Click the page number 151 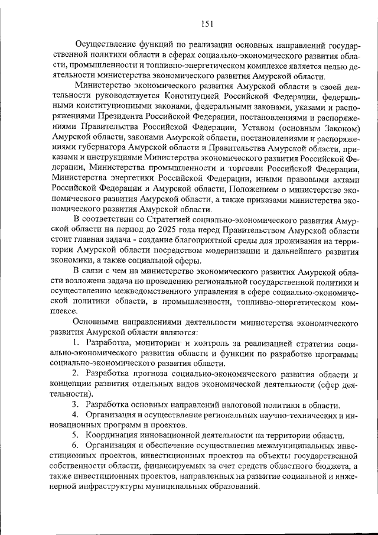pos(206,24)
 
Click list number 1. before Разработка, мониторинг pos(76,343)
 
